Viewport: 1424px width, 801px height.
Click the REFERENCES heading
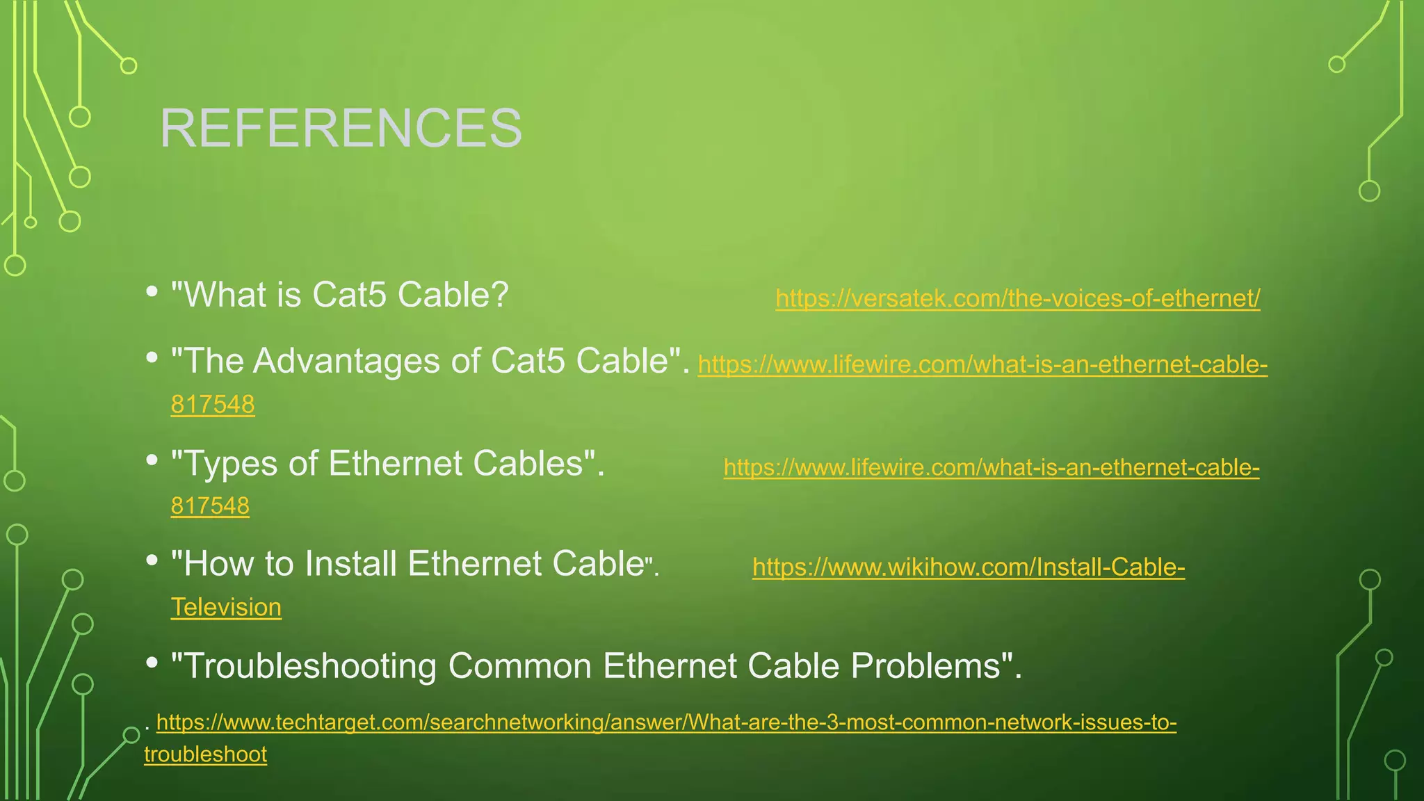pos(341,129)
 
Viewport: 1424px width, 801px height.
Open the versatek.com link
pos(1017,298)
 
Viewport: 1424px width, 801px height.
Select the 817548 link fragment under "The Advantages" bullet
pos(213,404)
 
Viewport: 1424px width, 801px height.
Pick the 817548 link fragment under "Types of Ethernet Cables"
pos(210,505)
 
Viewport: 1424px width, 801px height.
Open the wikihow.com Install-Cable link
pos(968,567)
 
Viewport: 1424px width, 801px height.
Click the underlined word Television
pos(226,607)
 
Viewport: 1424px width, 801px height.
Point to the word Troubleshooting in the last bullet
pos(309,666)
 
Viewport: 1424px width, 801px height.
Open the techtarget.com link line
pos(666,722)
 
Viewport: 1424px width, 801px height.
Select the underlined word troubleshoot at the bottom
pos(205,754)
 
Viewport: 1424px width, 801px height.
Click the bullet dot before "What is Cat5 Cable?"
pos(152,291)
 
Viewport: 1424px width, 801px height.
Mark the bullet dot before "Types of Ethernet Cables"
pos(152,460)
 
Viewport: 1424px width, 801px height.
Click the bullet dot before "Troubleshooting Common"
pos(152,663)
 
